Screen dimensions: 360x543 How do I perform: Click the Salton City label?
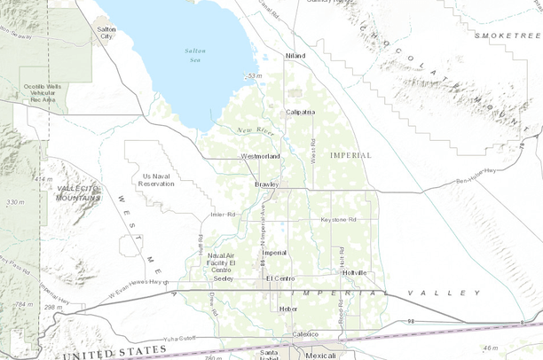point(106,34)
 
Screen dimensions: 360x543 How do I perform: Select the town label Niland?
point(295,56)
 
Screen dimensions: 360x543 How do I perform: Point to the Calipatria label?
point(300,113)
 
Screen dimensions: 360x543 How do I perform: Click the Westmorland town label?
point(261,156)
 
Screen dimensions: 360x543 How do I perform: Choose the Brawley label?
point(266,184)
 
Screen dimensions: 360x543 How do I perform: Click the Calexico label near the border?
point(307,334)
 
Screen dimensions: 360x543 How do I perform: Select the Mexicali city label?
point(320,355)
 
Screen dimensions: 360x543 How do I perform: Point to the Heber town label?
point(288,309)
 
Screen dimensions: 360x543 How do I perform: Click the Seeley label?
point(223,278)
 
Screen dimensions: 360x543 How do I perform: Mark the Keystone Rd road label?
point(338,219)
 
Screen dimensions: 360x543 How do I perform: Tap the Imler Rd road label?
point(223,215)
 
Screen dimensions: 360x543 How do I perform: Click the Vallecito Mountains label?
point(78,194)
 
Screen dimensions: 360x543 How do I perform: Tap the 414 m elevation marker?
point(43,179)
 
